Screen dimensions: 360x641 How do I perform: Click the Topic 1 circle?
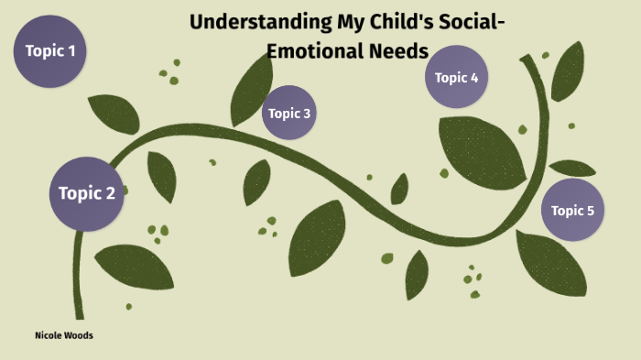click(x=50, y=51)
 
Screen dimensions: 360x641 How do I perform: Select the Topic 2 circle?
click(x=86, y=193)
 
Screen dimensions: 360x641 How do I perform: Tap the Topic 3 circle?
click(x=288, y=114)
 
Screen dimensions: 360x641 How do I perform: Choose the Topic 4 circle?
click(x=456, y=78)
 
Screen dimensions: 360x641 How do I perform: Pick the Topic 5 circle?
click(x=572, y=211)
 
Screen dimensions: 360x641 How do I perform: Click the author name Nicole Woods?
click(x=63, y=335)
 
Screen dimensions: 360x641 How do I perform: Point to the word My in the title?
click(x=331, y=22)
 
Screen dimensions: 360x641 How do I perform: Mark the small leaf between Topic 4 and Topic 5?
click(x=572, y=169)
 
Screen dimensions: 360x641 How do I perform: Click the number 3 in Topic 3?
click(x=307, y=114)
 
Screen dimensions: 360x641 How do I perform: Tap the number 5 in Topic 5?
click(x=590, y=211)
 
